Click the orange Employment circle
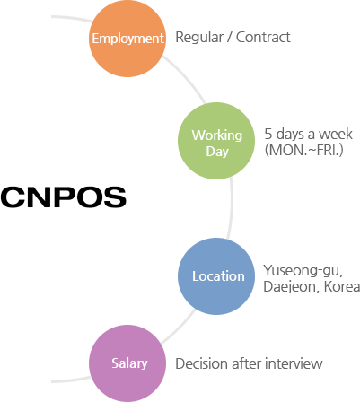click(127, 39)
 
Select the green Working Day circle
click(216, 141)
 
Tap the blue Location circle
click(216, 276)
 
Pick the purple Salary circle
click(127, 363)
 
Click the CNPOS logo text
click(64, 197)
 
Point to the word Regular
click(199, 38)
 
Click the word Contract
click(263, 38)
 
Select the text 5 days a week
click(309, 134)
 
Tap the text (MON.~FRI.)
click(303, 150)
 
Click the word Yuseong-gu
click(303, 271)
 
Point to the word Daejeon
click(289, 286)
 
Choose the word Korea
click(342, 286)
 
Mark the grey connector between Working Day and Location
click(231, 208)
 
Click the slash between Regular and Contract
click(230, 38)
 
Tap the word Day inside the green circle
click(217, 152)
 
